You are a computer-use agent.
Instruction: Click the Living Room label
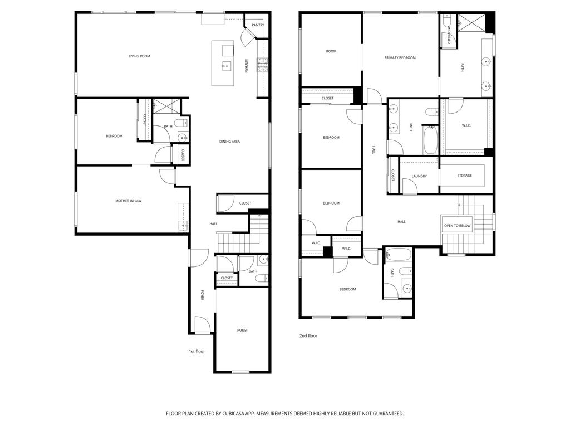[x=139, y=56]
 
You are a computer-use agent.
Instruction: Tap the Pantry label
[x=258, y=25]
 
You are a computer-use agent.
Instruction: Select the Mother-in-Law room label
[x=128, y=201]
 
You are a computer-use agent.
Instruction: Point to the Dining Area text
[x=229, y=142]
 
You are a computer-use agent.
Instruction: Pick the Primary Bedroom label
[x=400, y=58]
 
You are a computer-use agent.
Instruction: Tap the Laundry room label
[x=419, y=176]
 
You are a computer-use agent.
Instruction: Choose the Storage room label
[x=465, y=176]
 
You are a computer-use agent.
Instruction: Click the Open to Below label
[x=457, y=226]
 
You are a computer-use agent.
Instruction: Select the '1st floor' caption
[x=196, y=352]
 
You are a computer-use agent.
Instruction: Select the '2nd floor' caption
[x=308, y=336]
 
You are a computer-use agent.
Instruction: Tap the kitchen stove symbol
[x=262, y=65]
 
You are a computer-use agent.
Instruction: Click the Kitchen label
[x=245, y=66]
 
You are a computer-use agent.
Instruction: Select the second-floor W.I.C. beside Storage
[x=466, y=125]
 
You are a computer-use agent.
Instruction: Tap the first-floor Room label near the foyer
[x=242, y=330]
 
